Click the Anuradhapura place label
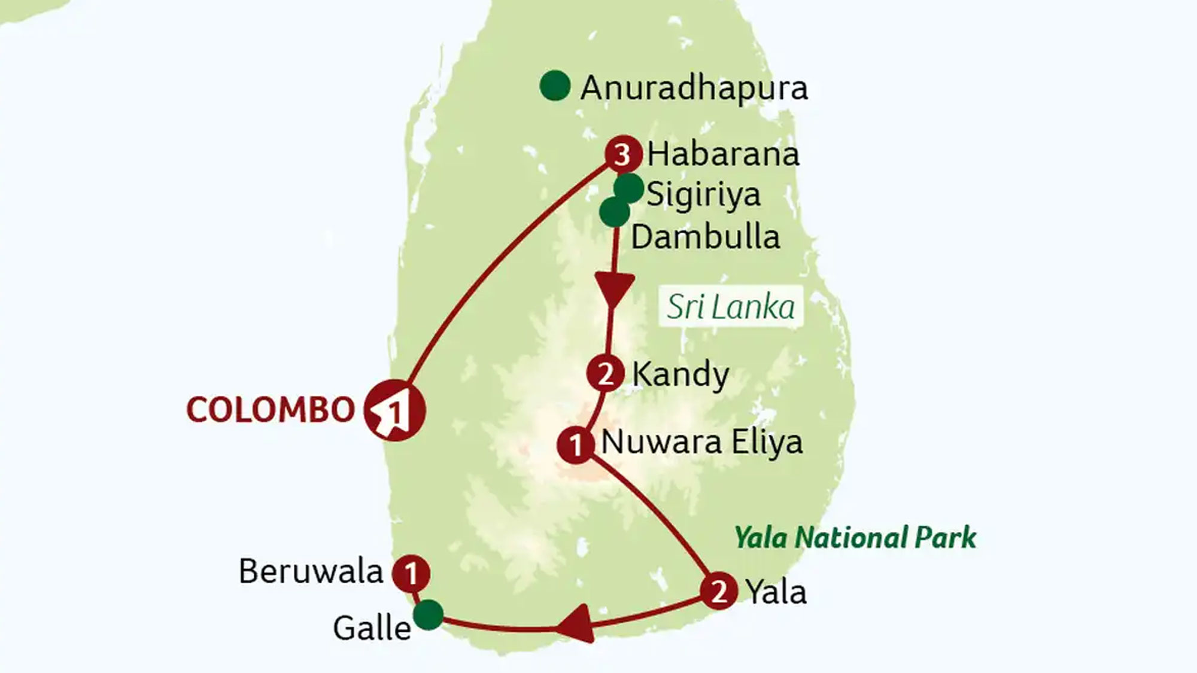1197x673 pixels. click(694, 89)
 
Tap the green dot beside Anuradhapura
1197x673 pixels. click(554, 86)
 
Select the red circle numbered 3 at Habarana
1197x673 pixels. click(623, 154)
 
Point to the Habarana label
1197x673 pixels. click(723, 154)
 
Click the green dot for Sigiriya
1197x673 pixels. click(629, 188)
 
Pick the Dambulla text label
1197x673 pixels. click(706, 237)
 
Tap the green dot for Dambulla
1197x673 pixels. click(614, 212)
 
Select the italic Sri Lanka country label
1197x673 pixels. click(731, 307)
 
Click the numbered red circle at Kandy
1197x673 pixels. click(606, 374)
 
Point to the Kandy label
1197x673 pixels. click(680, 375)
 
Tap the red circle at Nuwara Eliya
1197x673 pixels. click(575, 444)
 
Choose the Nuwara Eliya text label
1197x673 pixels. click(701, 443)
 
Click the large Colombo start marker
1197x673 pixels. click(394, 410)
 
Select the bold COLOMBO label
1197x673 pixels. click(271, 410)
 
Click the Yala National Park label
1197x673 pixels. click(855, 537)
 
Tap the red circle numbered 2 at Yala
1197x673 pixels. click(718, 591)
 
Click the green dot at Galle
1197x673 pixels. click(429, 615)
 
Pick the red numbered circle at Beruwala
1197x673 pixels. click(411, 574)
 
